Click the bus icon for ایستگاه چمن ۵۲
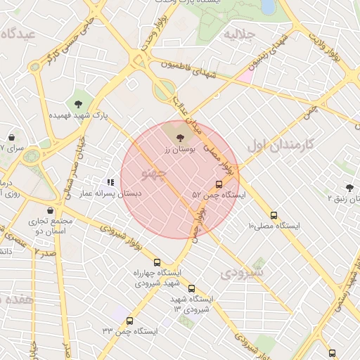219,184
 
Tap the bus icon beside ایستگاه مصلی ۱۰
274,216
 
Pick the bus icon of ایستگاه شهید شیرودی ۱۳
192,288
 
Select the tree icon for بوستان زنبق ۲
349,187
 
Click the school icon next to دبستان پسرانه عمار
110,181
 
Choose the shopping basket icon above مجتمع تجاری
50,210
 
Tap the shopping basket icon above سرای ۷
12,137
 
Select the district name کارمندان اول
279,146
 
